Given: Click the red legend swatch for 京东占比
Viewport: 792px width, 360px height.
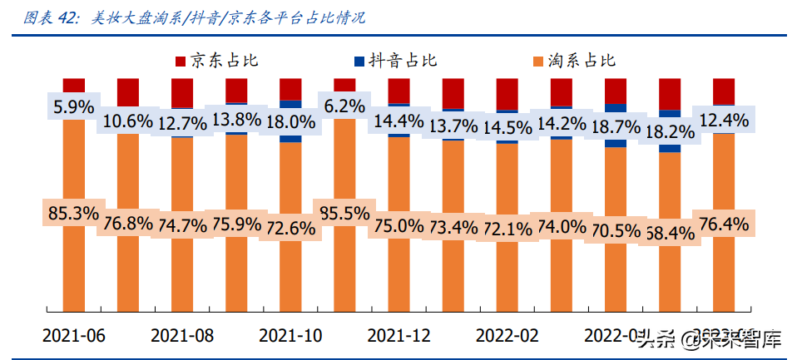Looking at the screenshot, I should [x=180, y=61].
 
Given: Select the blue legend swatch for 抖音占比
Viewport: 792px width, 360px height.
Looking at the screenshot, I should [x=359, y=61].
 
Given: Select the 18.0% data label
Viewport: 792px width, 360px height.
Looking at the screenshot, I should [x=290, y=122].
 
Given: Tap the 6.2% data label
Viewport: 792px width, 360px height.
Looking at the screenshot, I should [x=344, y=106].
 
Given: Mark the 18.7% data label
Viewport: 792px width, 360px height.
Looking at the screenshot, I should [x=615, y=126].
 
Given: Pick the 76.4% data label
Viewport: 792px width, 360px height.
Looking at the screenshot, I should [x=723, y=222].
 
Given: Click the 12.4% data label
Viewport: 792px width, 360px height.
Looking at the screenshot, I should [x=723, y=120].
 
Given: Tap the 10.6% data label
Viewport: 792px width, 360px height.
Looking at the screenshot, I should [x=128, y=121].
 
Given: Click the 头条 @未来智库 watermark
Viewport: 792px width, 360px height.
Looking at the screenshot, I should [x=709, y=338].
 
